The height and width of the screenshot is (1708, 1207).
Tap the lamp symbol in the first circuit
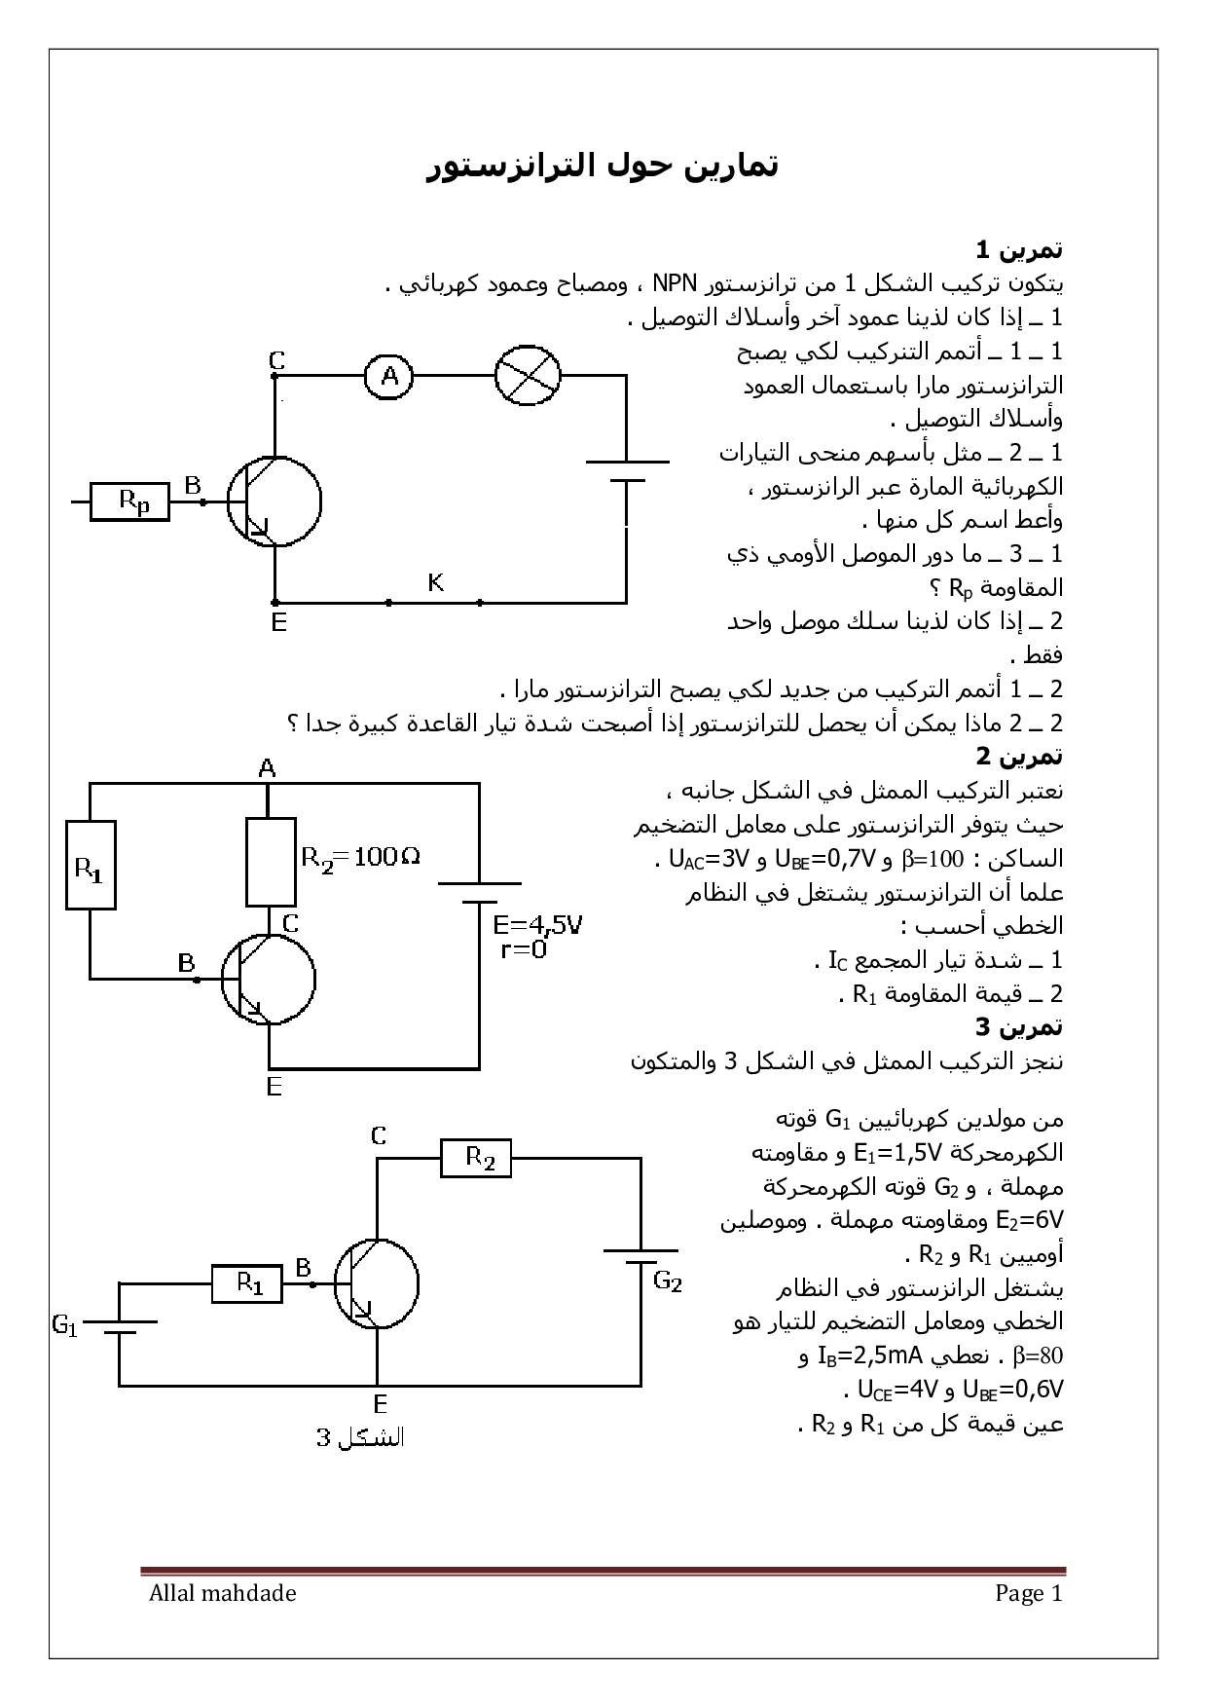coord(528,375)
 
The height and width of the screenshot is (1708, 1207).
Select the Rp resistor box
coord(129,502)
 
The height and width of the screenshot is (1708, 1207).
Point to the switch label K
coord(436,582)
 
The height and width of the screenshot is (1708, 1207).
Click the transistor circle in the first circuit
coord(274,502)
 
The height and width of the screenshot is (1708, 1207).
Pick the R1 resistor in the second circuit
coord(91,865)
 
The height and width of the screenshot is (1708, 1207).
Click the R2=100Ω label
coord(360,857)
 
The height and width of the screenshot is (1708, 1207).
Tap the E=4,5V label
coord(537,923)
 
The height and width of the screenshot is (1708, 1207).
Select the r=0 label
coord(523,949)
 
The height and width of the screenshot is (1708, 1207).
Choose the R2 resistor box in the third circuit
coord(476,1159)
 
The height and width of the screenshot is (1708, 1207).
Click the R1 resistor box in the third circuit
coord(247,1283)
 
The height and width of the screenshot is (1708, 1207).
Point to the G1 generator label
coord(65,1325)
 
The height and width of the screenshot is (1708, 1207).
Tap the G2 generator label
coord(667,1281)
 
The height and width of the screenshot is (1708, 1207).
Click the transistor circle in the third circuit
coord(377,1283)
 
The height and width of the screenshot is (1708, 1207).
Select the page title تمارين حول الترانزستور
coord(603,167)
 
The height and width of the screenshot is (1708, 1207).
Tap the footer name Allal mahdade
coord(223,1594)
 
